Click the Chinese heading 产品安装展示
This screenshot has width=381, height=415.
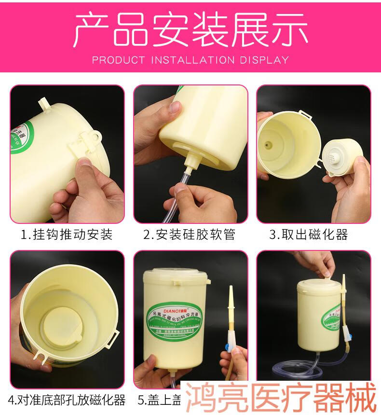point(190,30)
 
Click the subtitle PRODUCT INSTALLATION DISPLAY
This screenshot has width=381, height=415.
point(190,60)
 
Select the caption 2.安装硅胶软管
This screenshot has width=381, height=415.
point(190,235)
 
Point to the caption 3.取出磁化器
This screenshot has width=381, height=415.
point(309,235)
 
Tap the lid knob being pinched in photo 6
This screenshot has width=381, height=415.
point(327,277)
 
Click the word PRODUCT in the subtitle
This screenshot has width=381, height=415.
point(118,60)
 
